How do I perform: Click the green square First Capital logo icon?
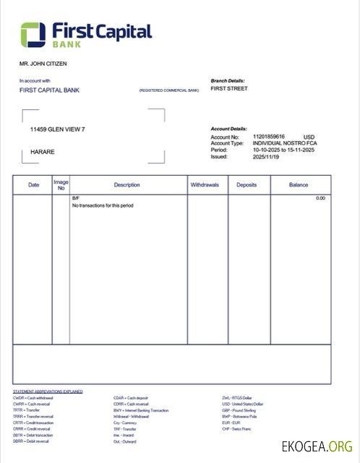tap(33, 33)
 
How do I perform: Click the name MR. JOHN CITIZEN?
tap(43, 64)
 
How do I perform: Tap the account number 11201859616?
tap(269, 136)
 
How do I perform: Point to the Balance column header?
tap(299, 185)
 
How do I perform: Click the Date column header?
tap(34, 185)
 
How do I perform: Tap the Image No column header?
tap(61, 185)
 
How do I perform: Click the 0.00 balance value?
tap(320, 197)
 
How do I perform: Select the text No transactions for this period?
tap(103, 205)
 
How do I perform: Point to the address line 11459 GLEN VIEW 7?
tap(57, 129)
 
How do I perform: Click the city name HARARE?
tap(42, 152)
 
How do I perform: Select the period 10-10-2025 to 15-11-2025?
tap(284, 150)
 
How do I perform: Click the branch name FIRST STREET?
tap(228, 89)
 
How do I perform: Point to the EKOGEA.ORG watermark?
tap(317, 446)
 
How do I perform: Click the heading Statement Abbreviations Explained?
tap(48, 391)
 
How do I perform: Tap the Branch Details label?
tap(228, 80)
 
